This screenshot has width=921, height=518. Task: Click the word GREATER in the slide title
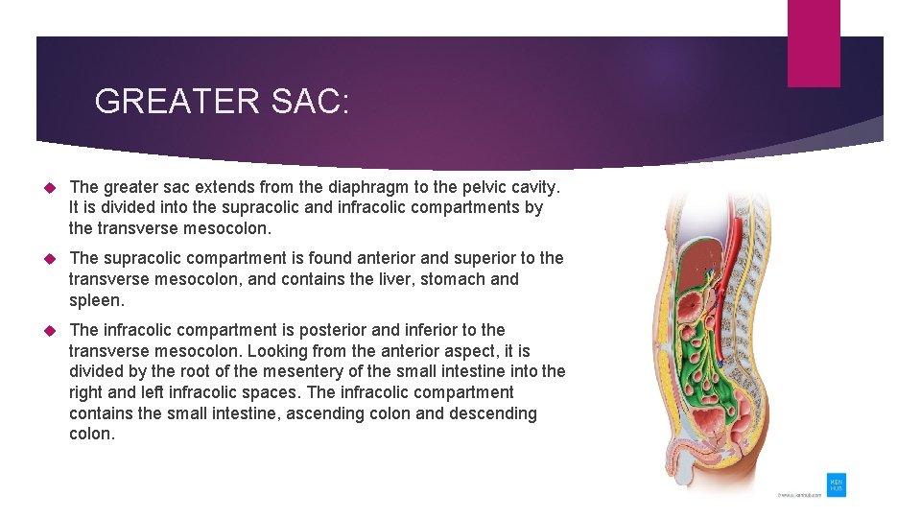click(164, 101)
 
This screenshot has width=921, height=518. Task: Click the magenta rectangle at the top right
click(814, 42)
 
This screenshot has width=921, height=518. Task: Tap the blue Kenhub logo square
click(837, 484)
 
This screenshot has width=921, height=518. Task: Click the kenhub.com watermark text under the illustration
click(799, 496)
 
